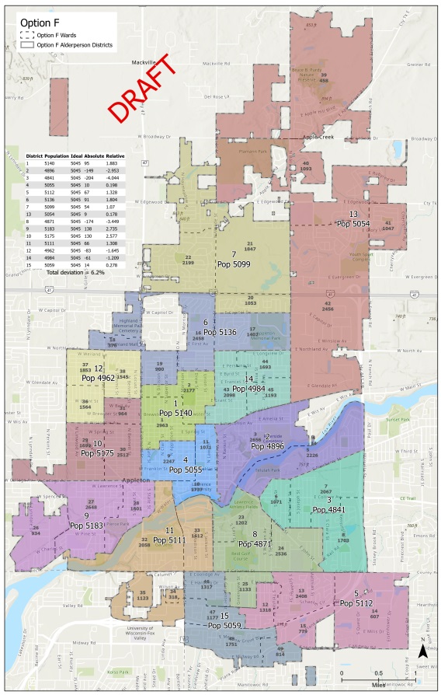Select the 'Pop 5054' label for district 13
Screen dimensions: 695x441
pos(353,223)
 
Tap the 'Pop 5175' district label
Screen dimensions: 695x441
pos(98,452)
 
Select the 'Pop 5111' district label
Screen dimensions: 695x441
pos(168,540)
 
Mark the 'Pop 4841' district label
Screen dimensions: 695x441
pos(329,509)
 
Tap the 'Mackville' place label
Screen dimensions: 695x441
pos(144,61)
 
